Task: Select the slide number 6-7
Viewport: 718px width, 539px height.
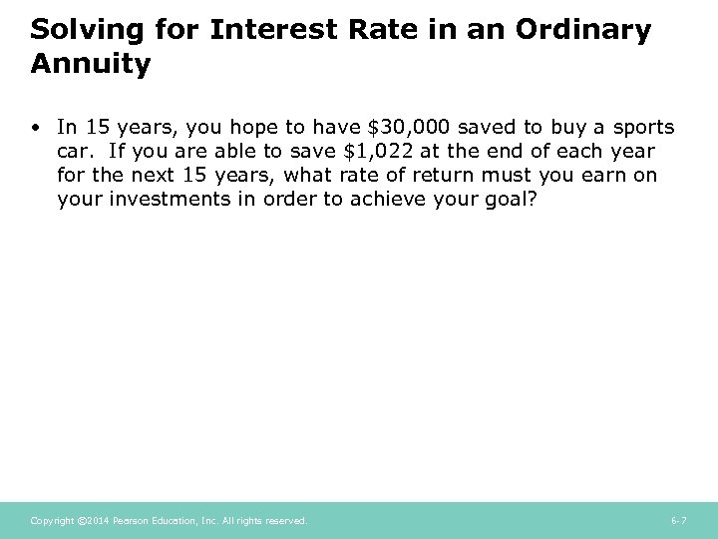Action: pos(678,521)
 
